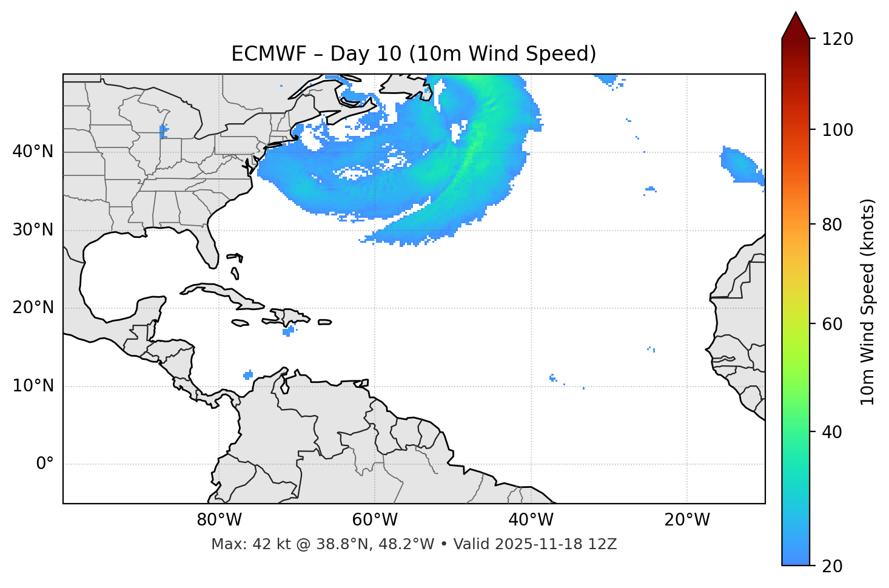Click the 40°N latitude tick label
tap(33, 152)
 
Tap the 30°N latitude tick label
tap(33, 230)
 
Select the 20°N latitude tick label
tap(33, 308)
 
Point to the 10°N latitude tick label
tap(33, 386)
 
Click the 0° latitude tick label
tap(45, 464)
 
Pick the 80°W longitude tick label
tap(219, 520)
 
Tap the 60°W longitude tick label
tap(375, 520)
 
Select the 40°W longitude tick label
tap(531, 520)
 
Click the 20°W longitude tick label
tap(686, 520)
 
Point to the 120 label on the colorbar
tap(837, 39)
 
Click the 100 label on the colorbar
tap(837, 130)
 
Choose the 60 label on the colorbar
tap(833, 324)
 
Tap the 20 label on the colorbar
tap(833, 566)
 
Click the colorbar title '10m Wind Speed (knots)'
tap(868, 302)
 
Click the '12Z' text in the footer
tap(603, 544)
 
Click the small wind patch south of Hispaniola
tap(289, 331)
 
